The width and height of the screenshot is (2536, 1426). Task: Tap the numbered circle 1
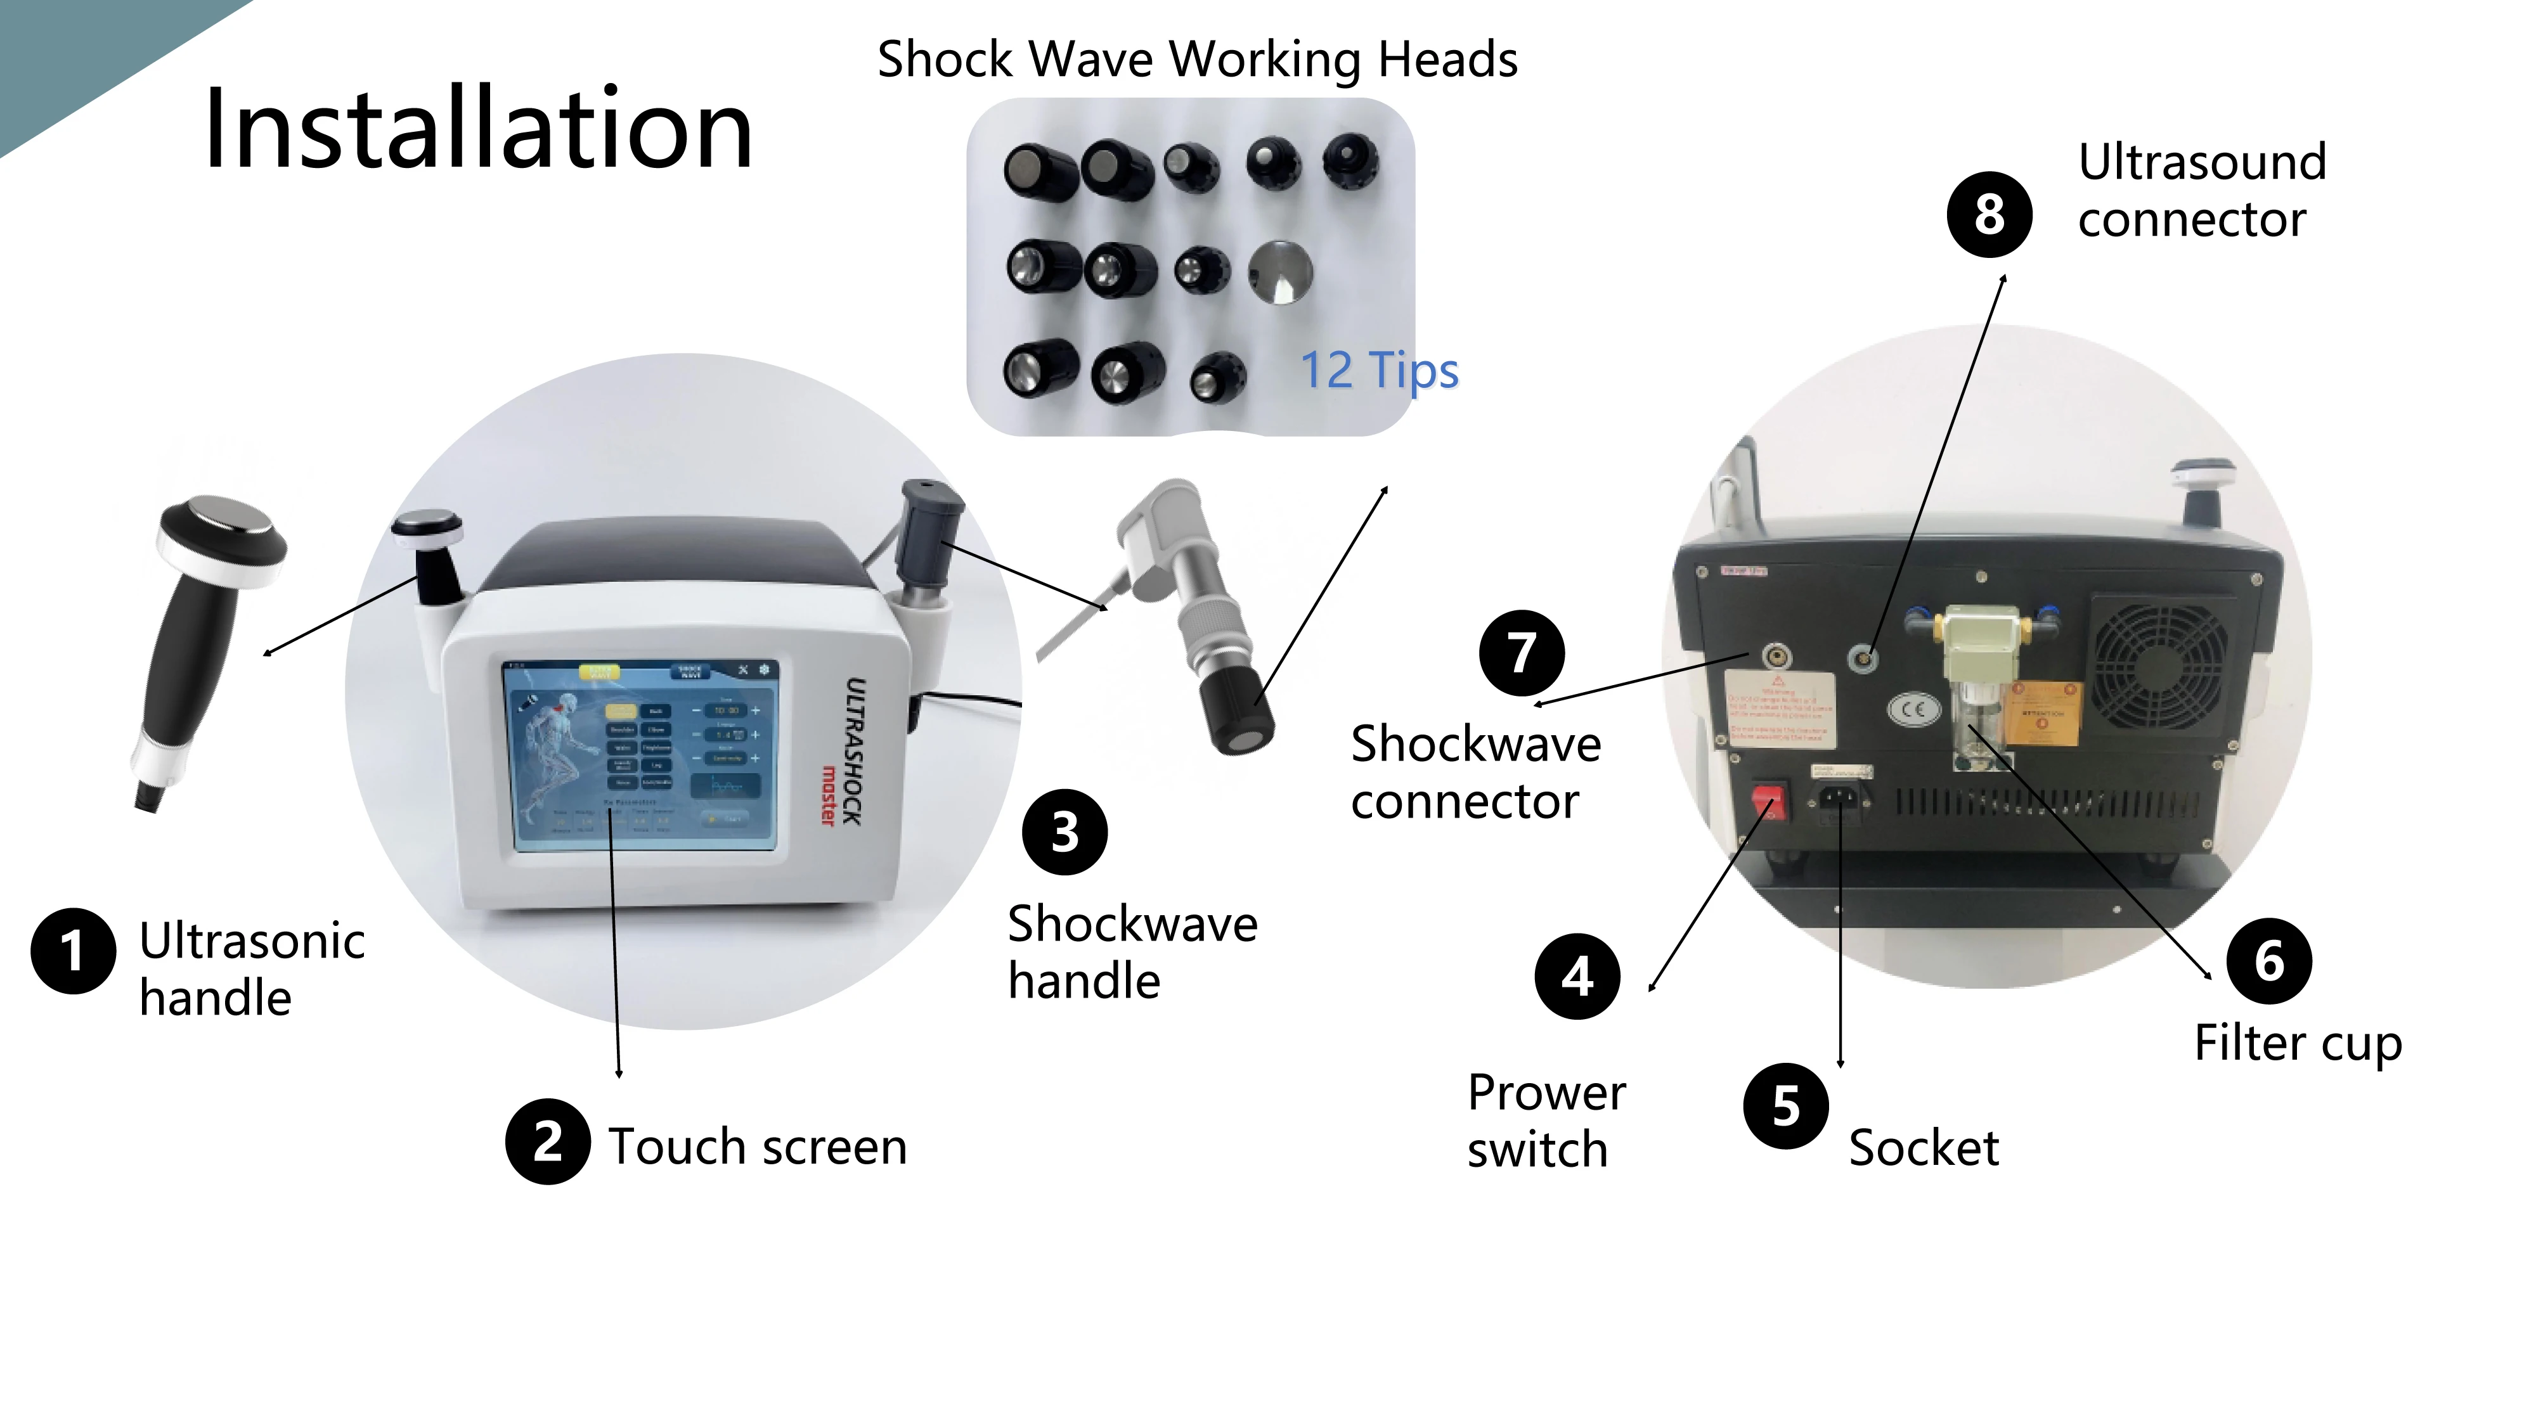(x=73, y=951)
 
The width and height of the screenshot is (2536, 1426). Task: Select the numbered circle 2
(x=548, y=1141)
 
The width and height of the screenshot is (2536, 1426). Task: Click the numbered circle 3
(x=1064, y=832)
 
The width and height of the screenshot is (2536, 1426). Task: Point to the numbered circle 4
(x=1577, y=976)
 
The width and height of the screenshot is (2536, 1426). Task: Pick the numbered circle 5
(x=1786, y=1105)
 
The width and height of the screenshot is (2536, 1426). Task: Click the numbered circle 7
(x=1522, y=653)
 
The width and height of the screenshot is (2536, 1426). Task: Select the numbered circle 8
(x=1989, y=215)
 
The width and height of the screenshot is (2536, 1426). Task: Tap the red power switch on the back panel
(x=1768, y=802)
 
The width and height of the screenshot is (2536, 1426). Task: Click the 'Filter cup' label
(x=2298, y=1043)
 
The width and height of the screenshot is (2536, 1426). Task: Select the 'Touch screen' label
(x=757, y=1147)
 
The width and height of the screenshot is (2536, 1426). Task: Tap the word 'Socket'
(x=1924, y=1148)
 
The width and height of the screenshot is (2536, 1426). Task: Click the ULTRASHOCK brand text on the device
(x=855, y=750)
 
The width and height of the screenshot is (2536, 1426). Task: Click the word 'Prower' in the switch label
(x=1546, y=1093)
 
